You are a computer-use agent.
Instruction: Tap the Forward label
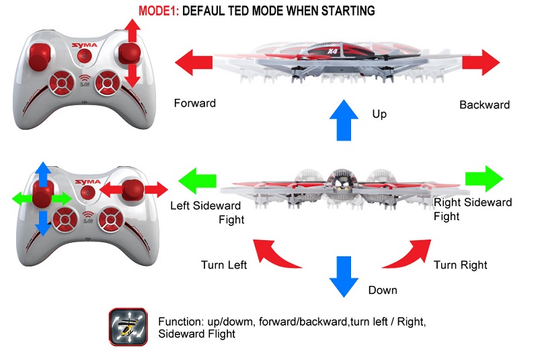coord(195,104)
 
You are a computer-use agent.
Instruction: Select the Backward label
coord(484,105)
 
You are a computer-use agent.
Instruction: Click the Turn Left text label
coord(224,265)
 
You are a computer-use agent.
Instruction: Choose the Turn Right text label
coord(461,265)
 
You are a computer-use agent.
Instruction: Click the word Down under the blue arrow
coord(383,290)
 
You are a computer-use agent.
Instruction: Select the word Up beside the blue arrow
coord(379,114)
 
